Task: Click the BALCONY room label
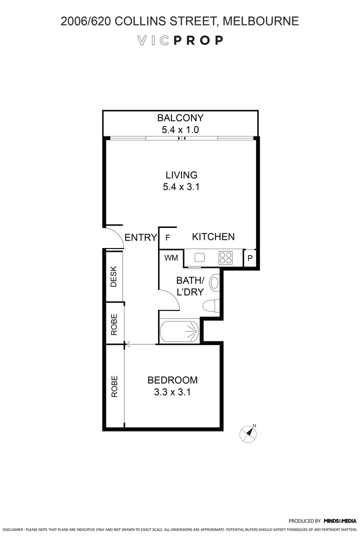pos(180,118)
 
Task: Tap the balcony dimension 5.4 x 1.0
pos(180,130)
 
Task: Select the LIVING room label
pos(181,175)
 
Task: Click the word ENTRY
pos(140,237)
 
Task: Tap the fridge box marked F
pos(168,237)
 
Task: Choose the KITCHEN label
pos(213,237)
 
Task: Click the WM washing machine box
pos(170,258)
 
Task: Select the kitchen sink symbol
pos(200,257)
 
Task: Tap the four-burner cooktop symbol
pos(225,257)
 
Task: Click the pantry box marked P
pos(250,258)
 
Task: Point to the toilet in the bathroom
pos(210,304)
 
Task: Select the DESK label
pos(113,276)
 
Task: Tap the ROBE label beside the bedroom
pos(114,386)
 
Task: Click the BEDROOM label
pos(172,380)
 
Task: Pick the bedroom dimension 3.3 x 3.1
pos(172,392)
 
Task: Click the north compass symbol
pos(248,433)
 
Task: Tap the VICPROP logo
pos(180,40)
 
